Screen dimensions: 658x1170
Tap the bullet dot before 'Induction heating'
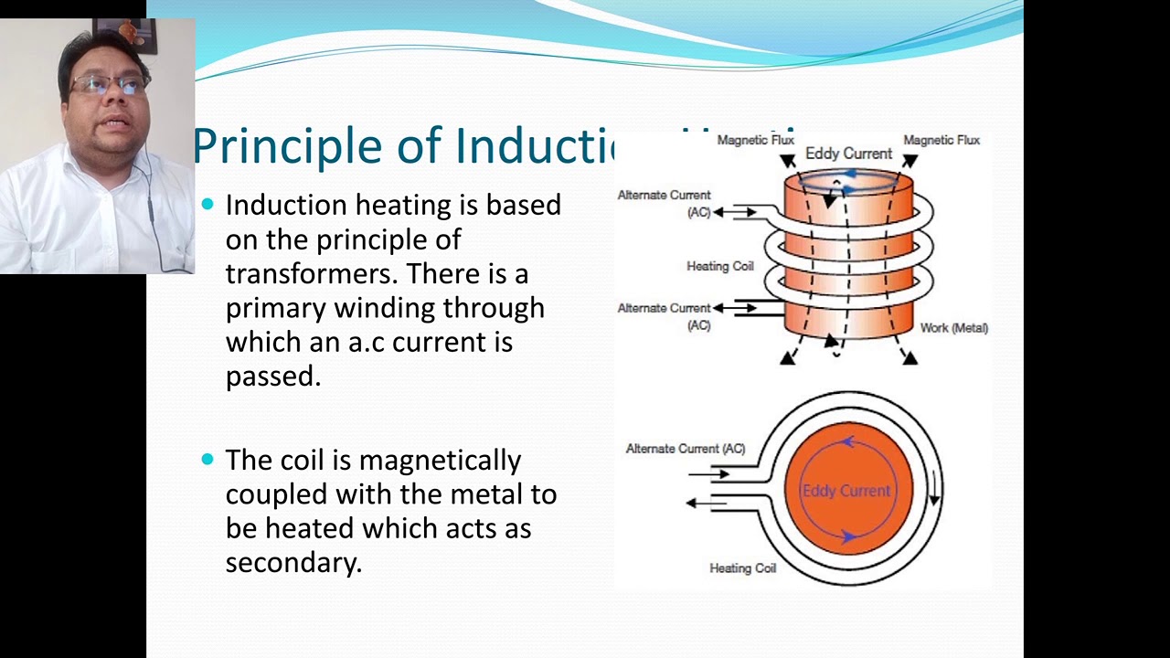click(207, 205)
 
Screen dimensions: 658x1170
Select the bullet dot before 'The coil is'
click(207, 459)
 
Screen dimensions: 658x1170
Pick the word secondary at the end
click(292, 563)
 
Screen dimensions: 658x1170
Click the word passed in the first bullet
click(271, 377)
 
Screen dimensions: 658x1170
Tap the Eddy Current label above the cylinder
click(847, 154)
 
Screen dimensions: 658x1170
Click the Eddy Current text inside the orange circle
click(846, 491)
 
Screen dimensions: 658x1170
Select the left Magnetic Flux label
click(755, 140)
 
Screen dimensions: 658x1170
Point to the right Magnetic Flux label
click(941, 140)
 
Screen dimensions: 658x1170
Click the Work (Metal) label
click(953, 328)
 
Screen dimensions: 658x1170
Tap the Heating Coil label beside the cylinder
click(719, 266)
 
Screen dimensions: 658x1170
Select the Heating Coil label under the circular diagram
click(742, 568)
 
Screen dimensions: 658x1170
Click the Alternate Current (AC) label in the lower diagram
click(685, 449)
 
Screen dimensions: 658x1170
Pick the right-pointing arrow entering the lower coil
click(709, 474)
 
